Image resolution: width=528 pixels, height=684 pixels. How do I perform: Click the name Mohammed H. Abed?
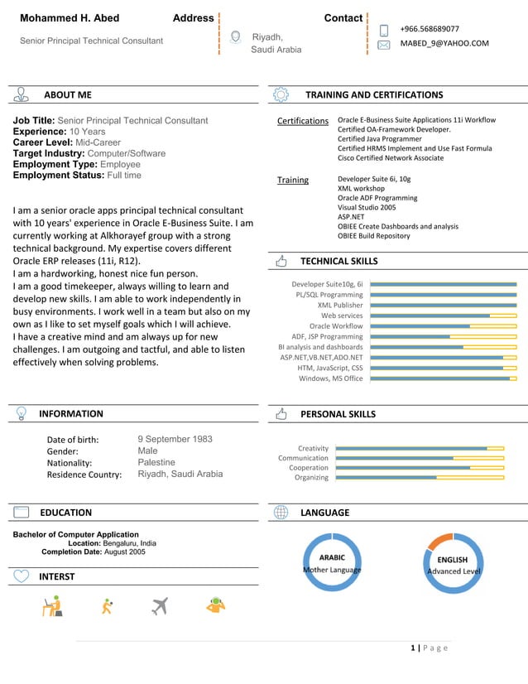point(70,18)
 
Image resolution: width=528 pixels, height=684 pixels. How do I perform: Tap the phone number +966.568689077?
point(430,29)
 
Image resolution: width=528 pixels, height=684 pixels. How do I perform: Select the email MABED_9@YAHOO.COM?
point(444,44)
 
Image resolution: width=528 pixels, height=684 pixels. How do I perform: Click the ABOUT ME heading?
point(68,95)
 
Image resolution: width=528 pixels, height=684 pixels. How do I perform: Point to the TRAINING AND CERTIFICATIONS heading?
point(374,95)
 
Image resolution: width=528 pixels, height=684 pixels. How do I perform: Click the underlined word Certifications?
point(303,121)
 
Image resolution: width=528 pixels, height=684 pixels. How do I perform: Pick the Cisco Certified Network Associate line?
point(391,157)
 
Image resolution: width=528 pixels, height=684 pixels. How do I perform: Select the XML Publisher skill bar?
point(443,305)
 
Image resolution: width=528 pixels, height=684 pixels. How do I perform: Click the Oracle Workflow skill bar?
point(443,326)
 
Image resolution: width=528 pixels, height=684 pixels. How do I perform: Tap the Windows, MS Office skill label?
point(331,378)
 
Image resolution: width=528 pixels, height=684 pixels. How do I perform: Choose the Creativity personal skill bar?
point(420,448)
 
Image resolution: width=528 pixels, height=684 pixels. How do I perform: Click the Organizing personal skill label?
point(312,477)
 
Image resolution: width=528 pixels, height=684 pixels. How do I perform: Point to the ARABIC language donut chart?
point(333,563)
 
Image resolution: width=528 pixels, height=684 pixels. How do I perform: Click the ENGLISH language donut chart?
point(454,564)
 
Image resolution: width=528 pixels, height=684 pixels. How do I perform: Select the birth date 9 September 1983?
point(175,439)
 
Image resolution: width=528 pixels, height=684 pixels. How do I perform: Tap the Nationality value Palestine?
point(156,462)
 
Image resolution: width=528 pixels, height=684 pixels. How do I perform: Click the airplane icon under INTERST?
point(160,606)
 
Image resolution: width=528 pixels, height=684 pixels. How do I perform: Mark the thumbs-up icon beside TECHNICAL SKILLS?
point(281,261)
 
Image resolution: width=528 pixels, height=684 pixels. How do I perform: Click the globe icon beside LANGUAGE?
point(281,513)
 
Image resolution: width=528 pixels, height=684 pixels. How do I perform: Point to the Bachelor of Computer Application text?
point(76,534)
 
